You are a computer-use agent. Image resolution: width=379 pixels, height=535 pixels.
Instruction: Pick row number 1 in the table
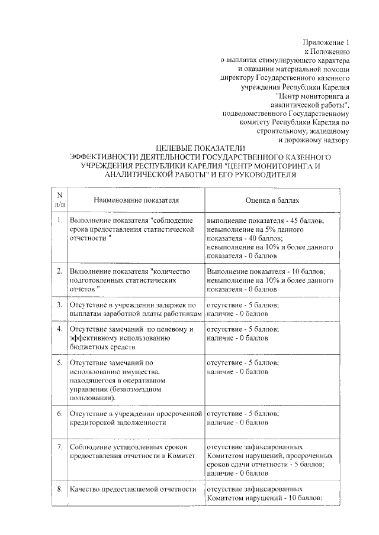(59, 220)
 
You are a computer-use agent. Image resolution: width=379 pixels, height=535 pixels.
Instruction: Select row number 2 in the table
(59, 271)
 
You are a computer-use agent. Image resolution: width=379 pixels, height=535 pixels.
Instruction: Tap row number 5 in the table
(59, 362)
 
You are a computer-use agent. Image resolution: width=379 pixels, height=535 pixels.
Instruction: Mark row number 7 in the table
(59, 447)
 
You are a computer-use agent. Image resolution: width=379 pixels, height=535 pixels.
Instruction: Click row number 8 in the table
(59, 489)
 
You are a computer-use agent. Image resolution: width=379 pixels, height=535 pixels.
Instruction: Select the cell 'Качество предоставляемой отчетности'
(132, 489)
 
